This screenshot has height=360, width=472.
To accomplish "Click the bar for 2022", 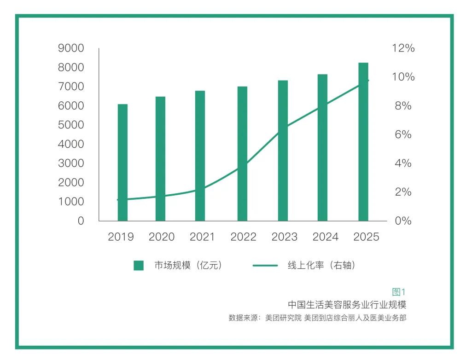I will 242,154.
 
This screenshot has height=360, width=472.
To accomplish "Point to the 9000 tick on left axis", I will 71,48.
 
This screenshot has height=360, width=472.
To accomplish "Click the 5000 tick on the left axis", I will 71,125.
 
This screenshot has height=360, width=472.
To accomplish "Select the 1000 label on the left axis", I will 71,202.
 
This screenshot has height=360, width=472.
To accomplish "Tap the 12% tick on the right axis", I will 403,48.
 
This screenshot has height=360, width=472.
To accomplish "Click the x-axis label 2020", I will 161,237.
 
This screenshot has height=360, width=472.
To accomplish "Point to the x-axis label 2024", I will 325,237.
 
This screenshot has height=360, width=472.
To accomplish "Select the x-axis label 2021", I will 202,237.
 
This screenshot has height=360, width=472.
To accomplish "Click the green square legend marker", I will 139,266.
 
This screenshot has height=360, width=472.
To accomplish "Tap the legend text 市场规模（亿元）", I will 188,266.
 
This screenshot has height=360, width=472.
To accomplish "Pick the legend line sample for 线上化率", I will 265,266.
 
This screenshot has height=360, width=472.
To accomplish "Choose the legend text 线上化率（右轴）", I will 321,266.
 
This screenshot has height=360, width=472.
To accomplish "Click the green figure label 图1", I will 399,292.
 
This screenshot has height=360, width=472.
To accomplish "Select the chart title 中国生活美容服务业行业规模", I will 347,305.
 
